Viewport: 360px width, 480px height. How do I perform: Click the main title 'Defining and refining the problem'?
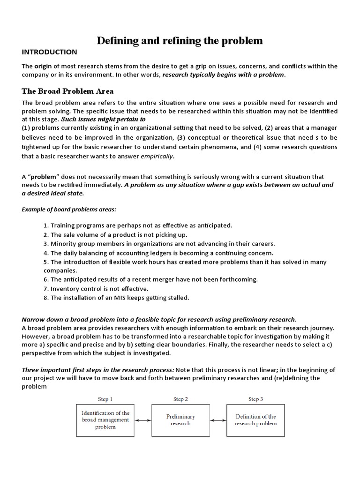180,41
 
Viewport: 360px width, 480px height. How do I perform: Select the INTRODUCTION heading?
49,52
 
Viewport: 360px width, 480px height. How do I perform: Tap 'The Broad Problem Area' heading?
67,91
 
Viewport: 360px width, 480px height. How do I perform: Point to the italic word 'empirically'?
157,157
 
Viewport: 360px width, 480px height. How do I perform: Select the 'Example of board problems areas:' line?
69,209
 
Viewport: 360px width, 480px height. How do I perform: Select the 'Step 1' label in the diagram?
105,399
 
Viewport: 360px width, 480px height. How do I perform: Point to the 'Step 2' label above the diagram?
180,399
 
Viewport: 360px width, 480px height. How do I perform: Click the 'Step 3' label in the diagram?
255,399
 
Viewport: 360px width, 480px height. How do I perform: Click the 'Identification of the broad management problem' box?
105,420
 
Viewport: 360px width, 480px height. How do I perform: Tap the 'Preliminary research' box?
180,420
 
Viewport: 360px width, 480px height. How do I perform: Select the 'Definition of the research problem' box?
255,420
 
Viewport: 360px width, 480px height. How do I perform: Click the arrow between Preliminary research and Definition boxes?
218,420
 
